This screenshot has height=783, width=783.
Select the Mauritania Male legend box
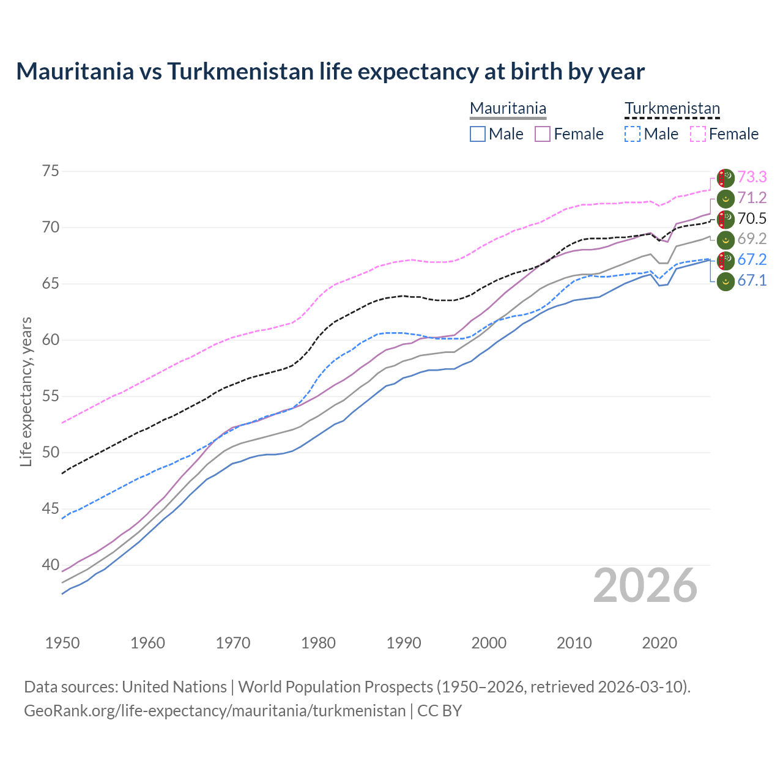(x=478, y=134)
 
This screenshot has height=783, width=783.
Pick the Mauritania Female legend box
(x=543, y=134)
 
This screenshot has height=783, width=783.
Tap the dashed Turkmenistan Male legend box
(x=633, y=134)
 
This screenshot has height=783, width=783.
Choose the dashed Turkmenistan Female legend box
(x=698, y=134)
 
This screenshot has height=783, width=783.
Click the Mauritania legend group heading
(x=508, y=108)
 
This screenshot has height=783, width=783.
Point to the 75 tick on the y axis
(x=51, y=171)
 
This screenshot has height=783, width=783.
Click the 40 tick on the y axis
(x=51, y=565)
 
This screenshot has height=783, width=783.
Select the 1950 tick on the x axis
(x=62, y=643)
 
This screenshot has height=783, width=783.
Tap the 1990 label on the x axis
(x=404, y=643)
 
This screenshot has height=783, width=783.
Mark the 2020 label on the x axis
(x=659, y=643)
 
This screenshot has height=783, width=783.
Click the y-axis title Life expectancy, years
(x=26, y=391)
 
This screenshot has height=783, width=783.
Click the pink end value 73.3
(x=752, y=177)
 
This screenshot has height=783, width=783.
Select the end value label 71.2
(x=752, y=198)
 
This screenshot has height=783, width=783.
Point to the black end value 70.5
(x=752, y=218)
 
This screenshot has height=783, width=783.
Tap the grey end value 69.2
(x=752, y=239)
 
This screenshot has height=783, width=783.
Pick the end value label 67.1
(x=752, y=280)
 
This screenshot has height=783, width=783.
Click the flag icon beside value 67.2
(x=725, y=259)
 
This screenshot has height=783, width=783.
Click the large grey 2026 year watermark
(x=645, y=585)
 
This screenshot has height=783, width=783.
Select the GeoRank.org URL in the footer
(x=215, y=711)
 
